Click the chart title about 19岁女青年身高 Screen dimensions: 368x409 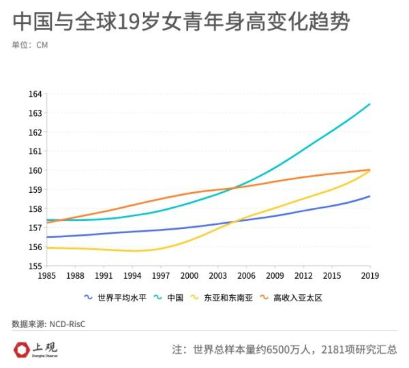tap(181, 22)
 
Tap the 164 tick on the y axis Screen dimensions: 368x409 tap(35, 94)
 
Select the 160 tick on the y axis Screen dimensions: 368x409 tap(35, 170)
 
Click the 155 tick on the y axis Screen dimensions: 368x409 tap(35, 266)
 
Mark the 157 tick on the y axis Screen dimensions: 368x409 tap(35, 228)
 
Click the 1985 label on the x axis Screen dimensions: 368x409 tap(47, 275)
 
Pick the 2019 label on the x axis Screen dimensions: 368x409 tap(370, 275)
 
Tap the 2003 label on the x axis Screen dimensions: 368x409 tap(218, 275)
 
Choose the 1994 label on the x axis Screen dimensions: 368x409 tap(132, 275)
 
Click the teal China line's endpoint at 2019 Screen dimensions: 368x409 tap(369, 104)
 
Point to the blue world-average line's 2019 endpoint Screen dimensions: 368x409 tap(369, 196)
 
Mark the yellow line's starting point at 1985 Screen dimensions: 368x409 tap(47, 247)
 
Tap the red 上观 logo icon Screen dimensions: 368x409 tap(21, 350)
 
